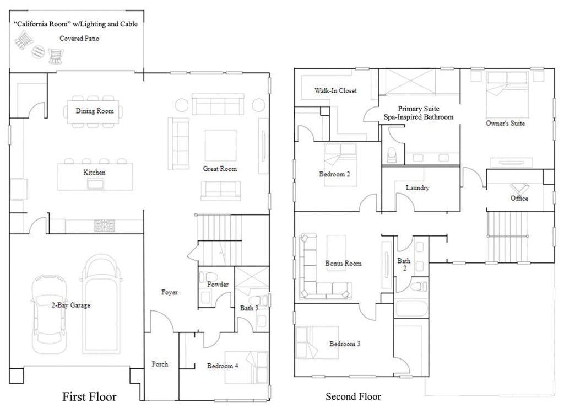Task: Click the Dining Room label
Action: [95, 111]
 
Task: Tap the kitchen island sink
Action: [95, 184]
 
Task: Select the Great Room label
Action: [220, 169]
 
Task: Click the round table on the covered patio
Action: [38, 51]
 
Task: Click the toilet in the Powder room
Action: [209, 277]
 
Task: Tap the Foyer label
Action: [170, 292]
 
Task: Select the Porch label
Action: [160, 364]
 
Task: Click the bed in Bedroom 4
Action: [247, 367]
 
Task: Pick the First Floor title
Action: [89, 397]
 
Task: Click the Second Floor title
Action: [353, 397]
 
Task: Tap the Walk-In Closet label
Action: [335, 91]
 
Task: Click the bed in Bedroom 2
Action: [340, 165]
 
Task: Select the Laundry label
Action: [417, 187]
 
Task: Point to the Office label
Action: [519, 199]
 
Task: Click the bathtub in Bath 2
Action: [411, 309]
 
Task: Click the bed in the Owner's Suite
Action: [507, 94]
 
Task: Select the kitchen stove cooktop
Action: [105, 226]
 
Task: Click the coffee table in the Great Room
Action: [220, 146]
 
